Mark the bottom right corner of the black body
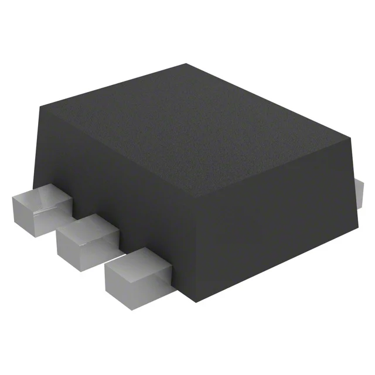359,227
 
